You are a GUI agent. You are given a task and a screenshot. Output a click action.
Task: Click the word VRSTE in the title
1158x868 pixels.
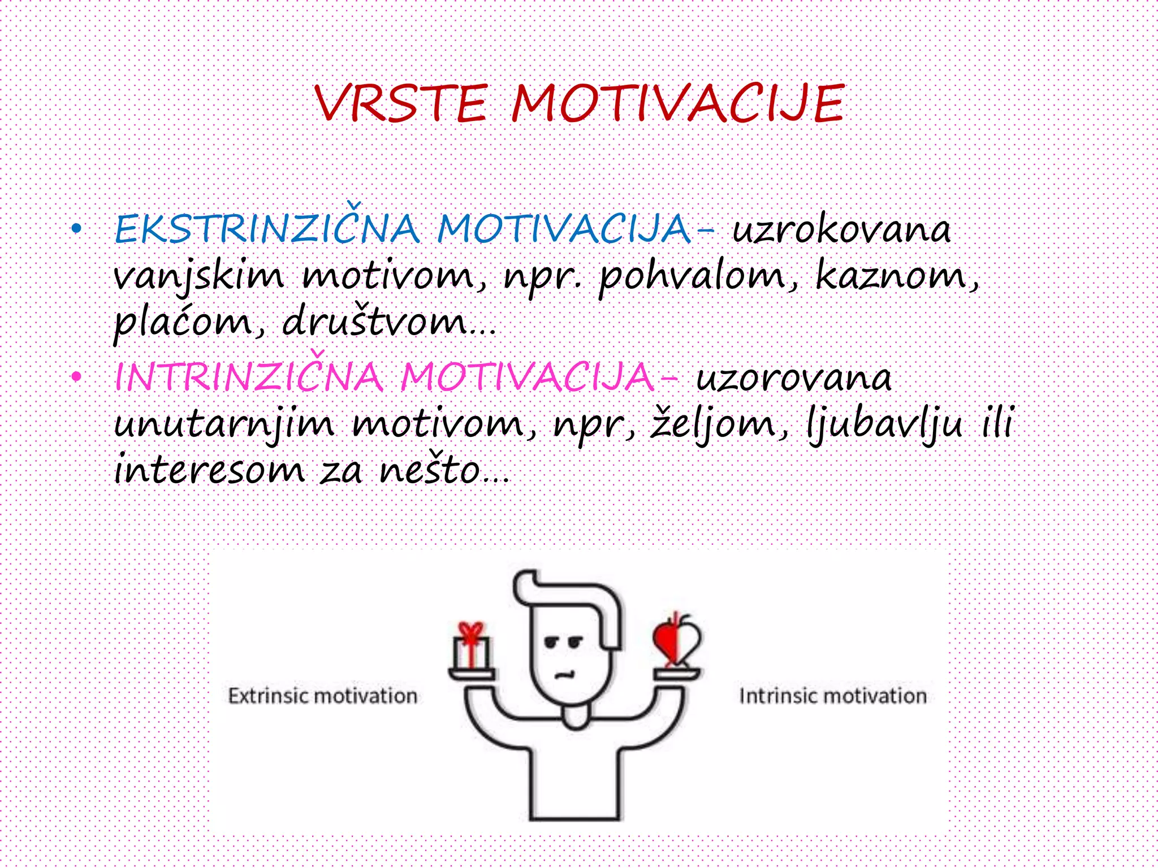[x=400, y=103]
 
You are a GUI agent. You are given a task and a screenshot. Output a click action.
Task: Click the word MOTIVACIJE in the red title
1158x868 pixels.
[x=677, y=103]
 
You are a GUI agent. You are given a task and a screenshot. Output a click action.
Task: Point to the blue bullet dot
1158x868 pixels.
[x=76, y=229]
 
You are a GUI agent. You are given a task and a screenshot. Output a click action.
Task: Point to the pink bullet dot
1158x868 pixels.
[x=76, y=377]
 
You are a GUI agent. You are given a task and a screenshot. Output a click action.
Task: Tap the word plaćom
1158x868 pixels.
[x=183, y=323]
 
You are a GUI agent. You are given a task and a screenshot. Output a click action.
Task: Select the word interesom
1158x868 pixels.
[x=209, y=470]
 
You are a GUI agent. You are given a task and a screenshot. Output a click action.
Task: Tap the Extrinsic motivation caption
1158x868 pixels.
[x=322, y=696]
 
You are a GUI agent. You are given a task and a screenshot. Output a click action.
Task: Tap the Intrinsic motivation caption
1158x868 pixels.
[x=833, y=696]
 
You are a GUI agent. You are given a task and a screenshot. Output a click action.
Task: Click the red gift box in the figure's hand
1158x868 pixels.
[x=472, y=647]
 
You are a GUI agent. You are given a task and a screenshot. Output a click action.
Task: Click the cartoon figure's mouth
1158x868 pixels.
[x=564, y=674]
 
